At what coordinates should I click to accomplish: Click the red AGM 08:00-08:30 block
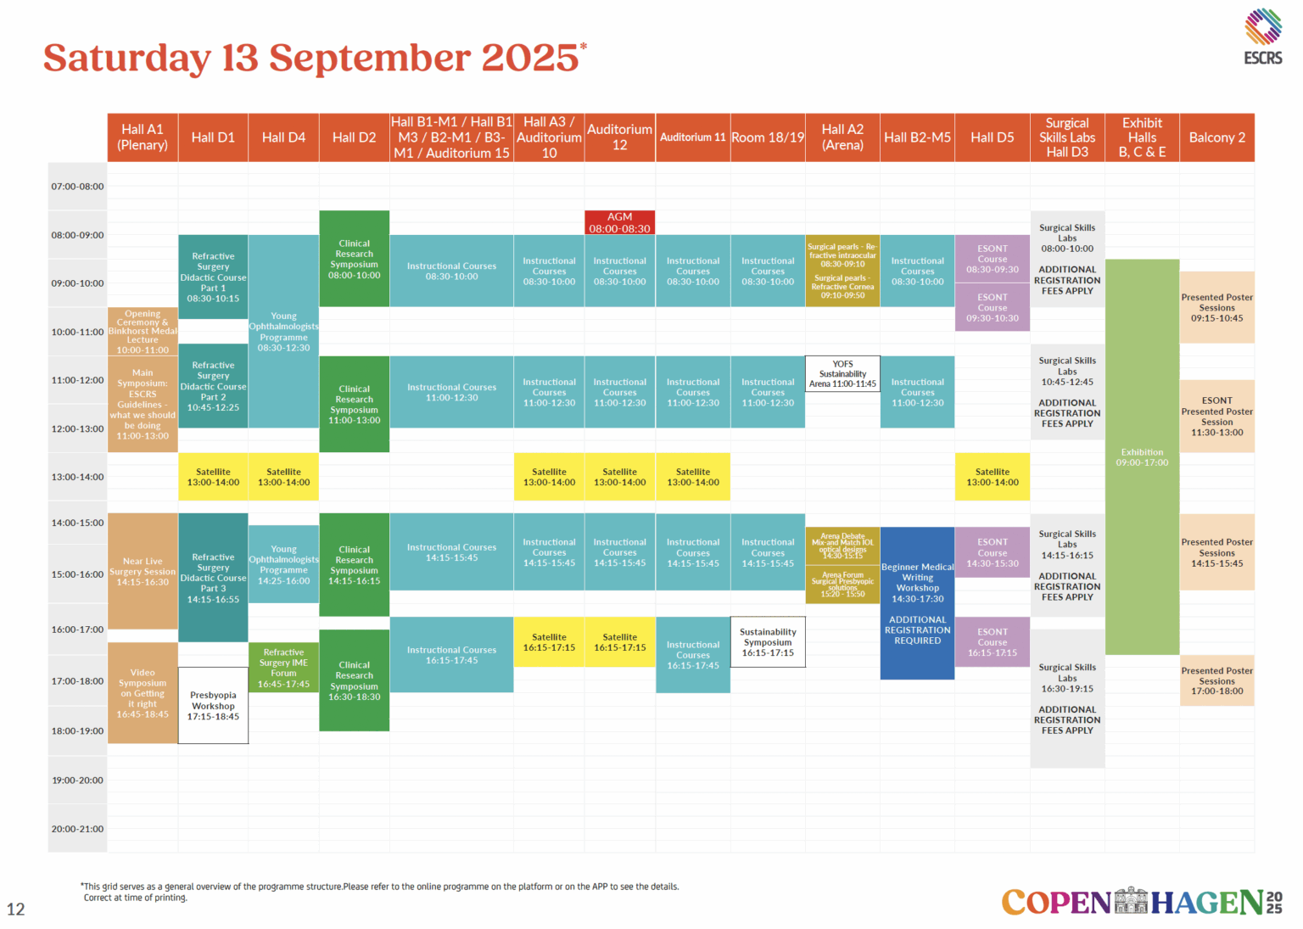coord(619,222)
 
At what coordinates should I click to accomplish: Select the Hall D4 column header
coord(283,137)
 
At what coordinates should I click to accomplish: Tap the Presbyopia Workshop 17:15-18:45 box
coord(213,706)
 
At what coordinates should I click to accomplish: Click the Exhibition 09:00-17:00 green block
coord(1142,456)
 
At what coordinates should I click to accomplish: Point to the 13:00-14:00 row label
coord(77,477)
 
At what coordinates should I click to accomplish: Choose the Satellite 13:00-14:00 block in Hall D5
coord(992,477)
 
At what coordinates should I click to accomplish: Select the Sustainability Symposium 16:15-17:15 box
coord(768,642)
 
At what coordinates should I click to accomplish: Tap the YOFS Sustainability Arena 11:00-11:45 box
coord(842,373)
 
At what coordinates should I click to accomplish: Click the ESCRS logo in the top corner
coord(1262,36)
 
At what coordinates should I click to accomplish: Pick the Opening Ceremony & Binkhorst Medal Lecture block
coord(143,331)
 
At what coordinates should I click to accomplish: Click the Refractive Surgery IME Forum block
coord(283,668)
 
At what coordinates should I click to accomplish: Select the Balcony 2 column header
coord(1216,137)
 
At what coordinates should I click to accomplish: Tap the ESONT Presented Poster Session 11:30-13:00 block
coord(1216,416)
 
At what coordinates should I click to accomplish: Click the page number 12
coord(16,909)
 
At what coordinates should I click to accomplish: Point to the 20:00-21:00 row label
coord(77,829)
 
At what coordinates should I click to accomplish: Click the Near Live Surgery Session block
coord(143,571)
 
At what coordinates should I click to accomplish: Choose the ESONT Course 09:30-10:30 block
coord(992,307)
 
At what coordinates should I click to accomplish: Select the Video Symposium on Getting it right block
coord(143,692)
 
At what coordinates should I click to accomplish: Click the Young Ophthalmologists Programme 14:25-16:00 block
coord(283,564)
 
